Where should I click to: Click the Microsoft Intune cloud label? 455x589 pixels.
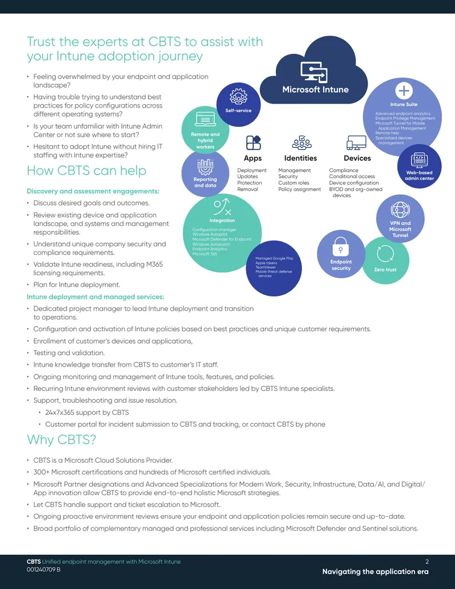(x=315, y=89)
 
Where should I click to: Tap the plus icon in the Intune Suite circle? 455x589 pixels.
(x=404, y=91)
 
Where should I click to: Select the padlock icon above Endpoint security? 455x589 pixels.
(x=341, y=246)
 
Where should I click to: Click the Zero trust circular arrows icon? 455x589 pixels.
(x=385, y=254)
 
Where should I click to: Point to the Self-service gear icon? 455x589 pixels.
(x=238, y=97)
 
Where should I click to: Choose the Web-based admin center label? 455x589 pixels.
(x=419, y=175)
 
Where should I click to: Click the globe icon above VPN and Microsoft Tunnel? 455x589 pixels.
(x=400, y=209)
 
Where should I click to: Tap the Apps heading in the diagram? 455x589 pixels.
(x=253, y=158)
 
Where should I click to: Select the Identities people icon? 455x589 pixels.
(x=301, y=143)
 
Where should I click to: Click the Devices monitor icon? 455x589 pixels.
(x=356, y=143)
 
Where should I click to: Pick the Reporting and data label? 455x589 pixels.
(x=205, y=182)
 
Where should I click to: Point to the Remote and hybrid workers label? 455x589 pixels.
(x=205, y=141)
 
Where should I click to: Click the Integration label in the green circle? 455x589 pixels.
(x=222, y=220)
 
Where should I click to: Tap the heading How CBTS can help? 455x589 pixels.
(x=86, y=171)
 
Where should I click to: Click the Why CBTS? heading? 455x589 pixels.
(x=61, y=439)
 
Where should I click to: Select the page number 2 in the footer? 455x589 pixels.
(x=427, y=562)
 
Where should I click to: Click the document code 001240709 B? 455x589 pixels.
(x=44, y=570)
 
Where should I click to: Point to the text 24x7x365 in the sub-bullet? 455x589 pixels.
(x=60, y=413)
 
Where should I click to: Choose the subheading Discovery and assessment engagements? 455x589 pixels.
(x=93, y=191)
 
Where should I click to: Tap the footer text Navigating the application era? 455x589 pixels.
(x=375, y=572)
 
